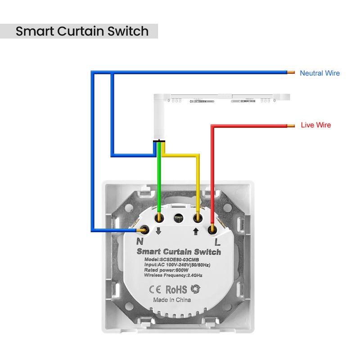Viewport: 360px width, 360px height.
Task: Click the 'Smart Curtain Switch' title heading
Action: [82, 31]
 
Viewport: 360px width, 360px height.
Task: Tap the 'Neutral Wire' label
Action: [319, 73]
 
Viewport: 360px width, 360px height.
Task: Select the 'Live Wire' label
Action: [315, 125]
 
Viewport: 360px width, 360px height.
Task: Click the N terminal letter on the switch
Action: [139, 241]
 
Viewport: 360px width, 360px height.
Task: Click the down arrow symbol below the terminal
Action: [158, 232]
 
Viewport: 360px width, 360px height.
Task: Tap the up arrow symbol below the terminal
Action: [197, 232]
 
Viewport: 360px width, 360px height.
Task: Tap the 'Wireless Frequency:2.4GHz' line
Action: [173, 275]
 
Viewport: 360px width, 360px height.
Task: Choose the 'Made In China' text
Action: [172, 300]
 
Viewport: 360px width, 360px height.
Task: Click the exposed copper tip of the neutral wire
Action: [291, 72]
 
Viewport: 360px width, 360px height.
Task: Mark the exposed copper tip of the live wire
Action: [291, 125]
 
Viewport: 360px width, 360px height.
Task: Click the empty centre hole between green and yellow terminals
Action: [178, 218]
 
